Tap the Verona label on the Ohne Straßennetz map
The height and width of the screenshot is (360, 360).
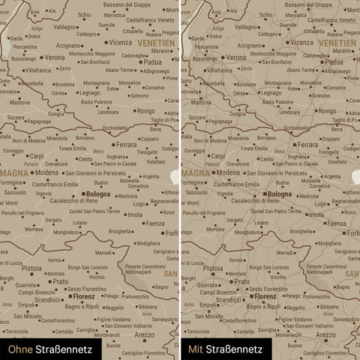[54, 57]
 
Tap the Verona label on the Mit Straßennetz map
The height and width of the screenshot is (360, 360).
[235, 57]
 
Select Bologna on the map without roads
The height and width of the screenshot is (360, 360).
[97, 194]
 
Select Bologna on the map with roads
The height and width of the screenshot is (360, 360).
[279, 194]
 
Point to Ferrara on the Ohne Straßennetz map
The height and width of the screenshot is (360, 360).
[126, 144]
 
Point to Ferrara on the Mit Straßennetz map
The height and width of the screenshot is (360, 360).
[307, 144]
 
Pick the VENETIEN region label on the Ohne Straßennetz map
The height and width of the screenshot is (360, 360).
[155, 43]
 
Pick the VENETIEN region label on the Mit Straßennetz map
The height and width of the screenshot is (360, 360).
[337, 43]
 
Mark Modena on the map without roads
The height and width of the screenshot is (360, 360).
[46, 172]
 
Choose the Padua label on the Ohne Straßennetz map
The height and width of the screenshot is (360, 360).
[152, 62]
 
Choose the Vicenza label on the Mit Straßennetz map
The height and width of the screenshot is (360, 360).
[301, 43]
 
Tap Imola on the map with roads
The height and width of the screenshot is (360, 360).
[316, 214]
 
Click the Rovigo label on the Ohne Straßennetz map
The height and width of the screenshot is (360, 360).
[145, 111]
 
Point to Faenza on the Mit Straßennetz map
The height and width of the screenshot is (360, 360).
[336, 223]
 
